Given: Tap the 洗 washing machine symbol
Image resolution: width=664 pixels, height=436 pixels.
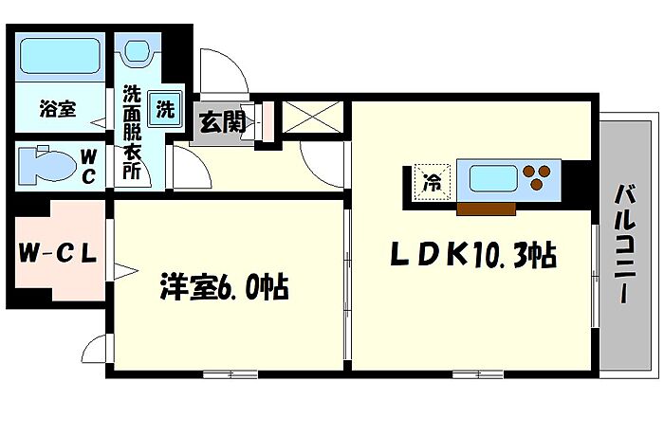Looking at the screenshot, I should (x=165, y=108).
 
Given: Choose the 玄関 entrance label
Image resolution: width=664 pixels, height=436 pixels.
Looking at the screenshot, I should (x=223, y=121).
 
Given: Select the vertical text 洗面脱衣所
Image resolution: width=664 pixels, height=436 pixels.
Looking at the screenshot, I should (x=130, y=134).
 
